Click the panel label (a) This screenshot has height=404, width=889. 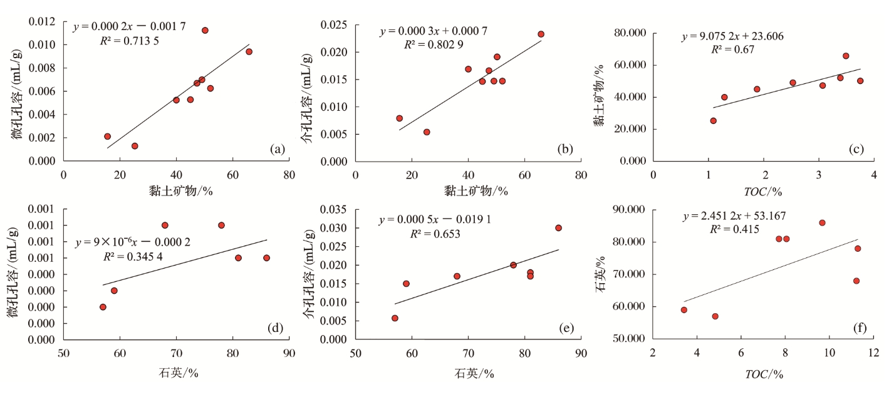tap(278, 149)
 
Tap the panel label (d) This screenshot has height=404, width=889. tap(278, 328)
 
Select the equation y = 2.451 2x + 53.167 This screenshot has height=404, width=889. tap(734, 216)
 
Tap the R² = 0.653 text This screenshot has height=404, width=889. tap(435, 234)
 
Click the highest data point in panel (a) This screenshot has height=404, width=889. tap(205, 30)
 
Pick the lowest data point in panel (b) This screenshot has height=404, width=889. tap(427, 132)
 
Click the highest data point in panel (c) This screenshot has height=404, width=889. tap(845, 56)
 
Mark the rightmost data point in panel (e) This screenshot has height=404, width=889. tap(558, 228)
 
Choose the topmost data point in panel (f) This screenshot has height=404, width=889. tap(822, 222)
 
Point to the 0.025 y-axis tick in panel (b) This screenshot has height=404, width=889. tap(335, 24)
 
